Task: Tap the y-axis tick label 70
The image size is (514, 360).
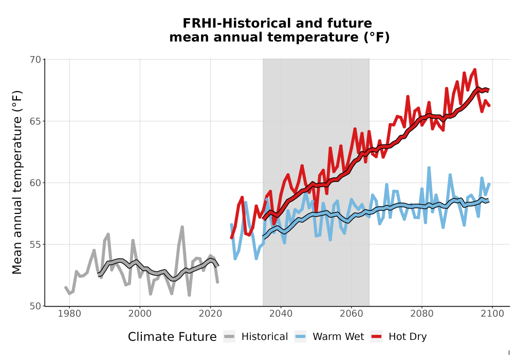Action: (x=35, y=60)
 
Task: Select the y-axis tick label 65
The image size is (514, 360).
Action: (x=35, y=121)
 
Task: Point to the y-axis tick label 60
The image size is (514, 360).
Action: (x=35, y=183)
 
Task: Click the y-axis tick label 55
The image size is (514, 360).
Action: (x=35, y=245)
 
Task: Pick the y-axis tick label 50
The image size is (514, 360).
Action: (x=35, y=306)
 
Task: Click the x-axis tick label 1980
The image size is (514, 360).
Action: (x=69, y=314)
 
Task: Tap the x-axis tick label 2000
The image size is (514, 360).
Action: (x=140, y=314)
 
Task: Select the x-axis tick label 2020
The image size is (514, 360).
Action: (x=210, y=314)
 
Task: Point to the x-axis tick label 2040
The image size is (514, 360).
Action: (x=281, y=314)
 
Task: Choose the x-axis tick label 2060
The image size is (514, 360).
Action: (x=352, y=314)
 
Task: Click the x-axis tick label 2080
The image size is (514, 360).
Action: (x=422, y=314)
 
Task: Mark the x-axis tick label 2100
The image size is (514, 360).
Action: (x=492, y=314)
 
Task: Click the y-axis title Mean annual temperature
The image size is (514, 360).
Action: (x=17, y=182)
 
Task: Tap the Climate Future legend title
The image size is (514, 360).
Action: (x=172, y=337)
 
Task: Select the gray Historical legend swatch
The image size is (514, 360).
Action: (x=229, y=336)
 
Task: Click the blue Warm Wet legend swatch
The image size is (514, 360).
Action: (x=300, y=336)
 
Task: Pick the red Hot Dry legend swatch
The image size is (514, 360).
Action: (x=376, y=336)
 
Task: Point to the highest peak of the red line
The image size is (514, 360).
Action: (x=474, y=69)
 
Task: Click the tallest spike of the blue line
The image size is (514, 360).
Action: (x=429, y=168)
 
